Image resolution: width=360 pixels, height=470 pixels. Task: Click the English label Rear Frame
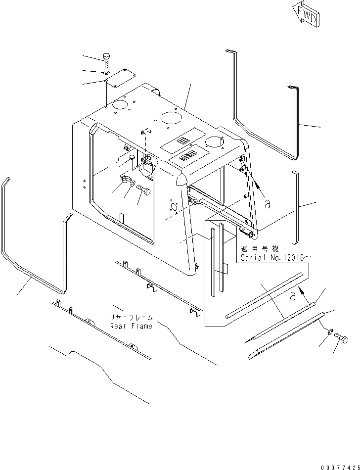(x=131, y=326)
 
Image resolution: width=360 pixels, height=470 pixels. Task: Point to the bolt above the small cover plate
(x=107, y=62)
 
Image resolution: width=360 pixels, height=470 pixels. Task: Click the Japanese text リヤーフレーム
(x=131, y=318)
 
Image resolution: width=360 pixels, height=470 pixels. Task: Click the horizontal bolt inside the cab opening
(x=144, y=189)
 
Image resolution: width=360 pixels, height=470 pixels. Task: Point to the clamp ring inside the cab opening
(x=126, y=180)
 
